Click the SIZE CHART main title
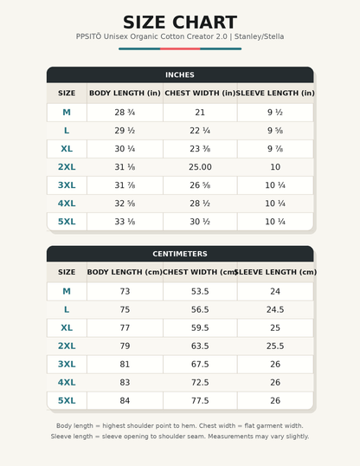(180, 23)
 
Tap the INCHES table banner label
(180, 74)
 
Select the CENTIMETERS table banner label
(180, 254)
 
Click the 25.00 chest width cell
(200, 167)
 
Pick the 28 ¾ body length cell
(125, 113)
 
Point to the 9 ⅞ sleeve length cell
(275, 149)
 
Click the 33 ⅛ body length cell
(125, 222)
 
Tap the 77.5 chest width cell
(200, 401)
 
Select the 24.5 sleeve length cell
(275, 310)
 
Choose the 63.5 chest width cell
(200, 346)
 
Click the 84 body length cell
(125, 401)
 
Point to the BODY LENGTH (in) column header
(125, 93)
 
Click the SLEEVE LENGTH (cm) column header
(276, 272)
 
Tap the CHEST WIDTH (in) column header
(200, 93)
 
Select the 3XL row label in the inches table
(67, 185)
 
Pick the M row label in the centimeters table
(67, 291)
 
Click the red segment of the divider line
(180, 49)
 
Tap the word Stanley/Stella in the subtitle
(259, 36)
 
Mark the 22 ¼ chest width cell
(200, 131)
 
